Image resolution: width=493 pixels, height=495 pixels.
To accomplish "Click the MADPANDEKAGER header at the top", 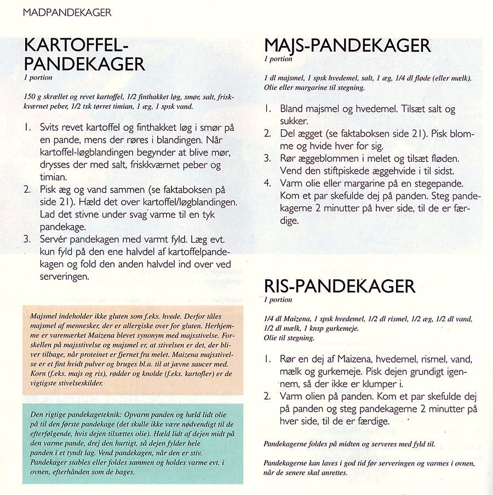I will [x=67, y=13].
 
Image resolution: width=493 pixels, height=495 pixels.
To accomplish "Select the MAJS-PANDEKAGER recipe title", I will [x=347, y=45].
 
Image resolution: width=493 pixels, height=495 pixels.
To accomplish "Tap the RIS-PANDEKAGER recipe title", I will [x=340, y=286].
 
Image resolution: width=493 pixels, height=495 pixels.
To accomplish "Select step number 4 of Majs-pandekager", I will [x=267, y=183].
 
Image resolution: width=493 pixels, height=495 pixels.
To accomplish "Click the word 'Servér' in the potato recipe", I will [x=55, y=239].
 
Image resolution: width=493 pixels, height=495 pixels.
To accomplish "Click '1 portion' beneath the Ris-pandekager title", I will [x=278, y=300].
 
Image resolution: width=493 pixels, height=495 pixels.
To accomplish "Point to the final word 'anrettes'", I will [x=329, y=473].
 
